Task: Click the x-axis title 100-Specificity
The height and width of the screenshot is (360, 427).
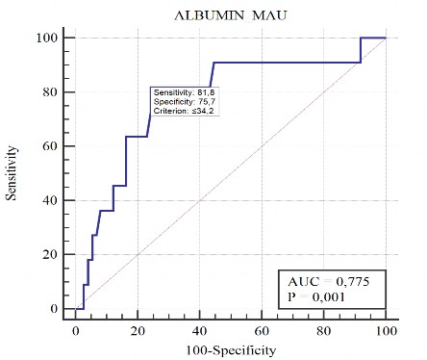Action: coord(231,348)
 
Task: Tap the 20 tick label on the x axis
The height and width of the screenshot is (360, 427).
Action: coord(138,329)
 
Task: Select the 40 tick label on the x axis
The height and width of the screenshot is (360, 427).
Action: coord(200,329)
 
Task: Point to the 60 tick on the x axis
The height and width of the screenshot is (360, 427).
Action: coord(262,329)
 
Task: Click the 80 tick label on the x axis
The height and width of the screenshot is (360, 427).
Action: coord(324,329)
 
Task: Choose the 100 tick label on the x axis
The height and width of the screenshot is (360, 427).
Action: coord(386,329)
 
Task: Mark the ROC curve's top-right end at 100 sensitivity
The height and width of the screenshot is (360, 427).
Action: coord(386,39)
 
